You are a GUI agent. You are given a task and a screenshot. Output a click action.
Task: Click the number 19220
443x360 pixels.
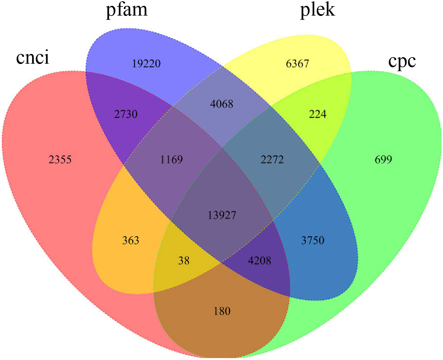146,63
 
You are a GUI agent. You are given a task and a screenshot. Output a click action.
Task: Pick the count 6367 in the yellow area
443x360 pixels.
297,63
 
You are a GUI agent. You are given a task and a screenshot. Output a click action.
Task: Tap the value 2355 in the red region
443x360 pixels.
60,160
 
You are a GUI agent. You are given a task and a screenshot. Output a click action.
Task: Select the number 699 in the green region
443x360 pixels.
383,160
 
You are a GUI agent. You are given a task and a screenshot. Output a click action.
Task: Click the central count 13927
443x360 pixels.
222,215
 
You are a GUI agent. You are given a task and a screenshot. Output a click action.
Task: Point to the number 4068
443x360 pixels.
222,104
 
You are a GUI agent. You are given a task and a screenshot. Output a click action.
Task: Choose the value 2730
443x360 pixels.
126,114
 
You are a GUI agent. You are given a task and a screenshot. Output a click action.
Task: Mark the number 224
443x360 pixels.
318,114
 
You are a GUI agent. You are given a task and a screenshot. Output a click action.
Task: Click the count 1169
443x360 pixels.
171,160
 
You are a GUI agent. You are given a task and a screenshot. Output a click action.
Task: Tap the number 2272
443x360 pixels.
272,160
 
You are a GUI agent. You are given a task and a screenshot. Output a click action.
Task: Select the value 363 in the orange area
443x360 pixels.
131,240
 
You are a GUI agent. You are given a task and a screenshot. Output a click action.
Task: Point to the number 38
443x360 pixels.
184,261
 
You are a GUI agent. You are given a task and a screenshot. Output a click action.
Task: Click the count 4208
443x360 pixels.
259,261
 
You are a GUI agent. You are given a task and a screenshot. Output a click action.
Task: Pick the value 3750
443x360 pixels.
313,240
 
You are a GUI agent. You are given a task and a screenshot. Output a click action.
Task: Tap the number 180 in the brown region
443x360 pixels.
222,311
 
